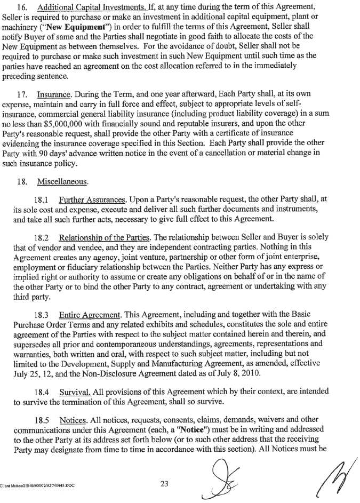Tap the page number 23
(x=164, y=484)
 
